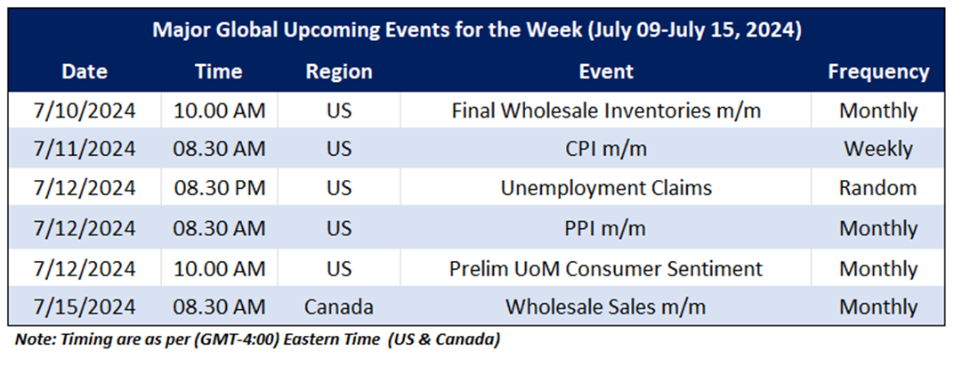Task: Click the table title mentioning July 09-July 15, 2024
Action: coord(476,29)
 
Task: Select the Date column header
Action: coord(85,71)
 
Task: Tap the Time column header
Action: coord(218,71)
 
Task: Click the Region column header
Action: coord(339,72)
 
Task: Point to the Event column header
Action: coord(606,71)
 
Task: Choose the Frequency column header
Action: coord(878,72)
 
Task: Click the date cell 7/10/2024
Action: coord(85,110)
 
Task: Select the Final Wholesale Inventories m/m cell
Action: coord(606,110)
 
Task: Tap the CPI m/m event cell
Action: coord(606,150)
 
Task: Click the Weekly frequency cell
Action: coord(878,150)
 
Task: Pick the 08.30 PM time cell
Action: coord(219,188)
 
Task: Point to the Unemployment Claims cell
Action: coord(606,188)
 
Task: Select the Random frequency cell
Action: coord(878,188)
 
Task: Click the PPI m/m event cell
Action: coord(606,229)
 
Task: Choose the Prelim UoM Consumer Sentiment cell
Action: coord(606,268)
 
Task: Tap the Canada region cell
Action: coord(339,307)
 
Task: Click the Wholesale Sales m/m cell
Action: coord(606,307)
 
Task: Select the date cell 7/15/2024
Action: coord(85,307)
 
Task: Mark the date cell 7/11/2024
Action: coord(85,150)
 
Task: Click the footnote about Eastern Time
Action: coord(257,340)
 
